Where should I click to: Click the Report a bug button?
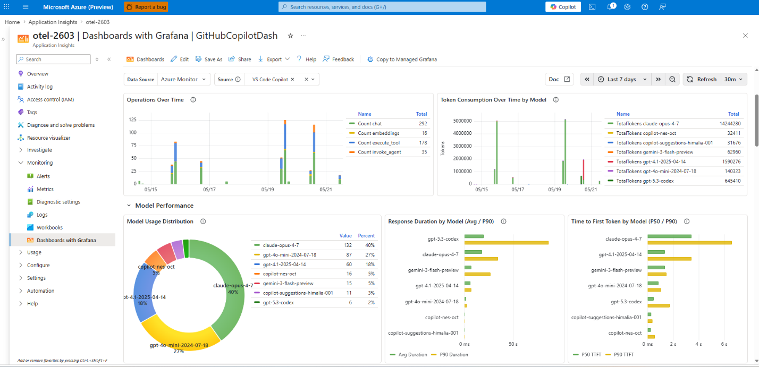(146, 7)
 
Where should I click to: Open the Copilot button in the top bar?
(563, 7)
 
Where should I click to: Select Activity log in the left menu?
(40, 87)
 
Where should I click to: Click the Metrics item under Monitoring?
(45, 189)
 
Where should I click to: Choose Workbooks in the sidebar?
(49, 227)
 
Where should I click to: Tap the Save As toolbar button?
(209, 59)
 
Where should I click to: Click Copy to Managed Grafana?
(402, 59)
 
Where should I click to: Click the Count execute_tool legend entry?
(378, 143)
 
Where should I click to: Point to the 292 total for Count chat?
(423, 124)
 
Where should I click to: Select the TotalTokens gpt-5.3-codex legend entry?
(645, 181)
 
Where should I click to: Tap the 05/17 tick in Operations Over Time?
(209, 190)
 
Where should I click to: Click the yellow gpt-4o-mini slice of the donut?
(180, 334)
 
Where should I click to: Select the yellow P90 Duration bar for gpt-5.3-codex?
(507, 243)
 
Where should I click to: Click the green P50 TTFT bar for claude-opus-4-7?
(669, 236)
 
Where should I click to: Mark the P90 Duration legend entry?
(450, 354)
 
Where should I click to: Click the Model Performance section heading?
(164, 206)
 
